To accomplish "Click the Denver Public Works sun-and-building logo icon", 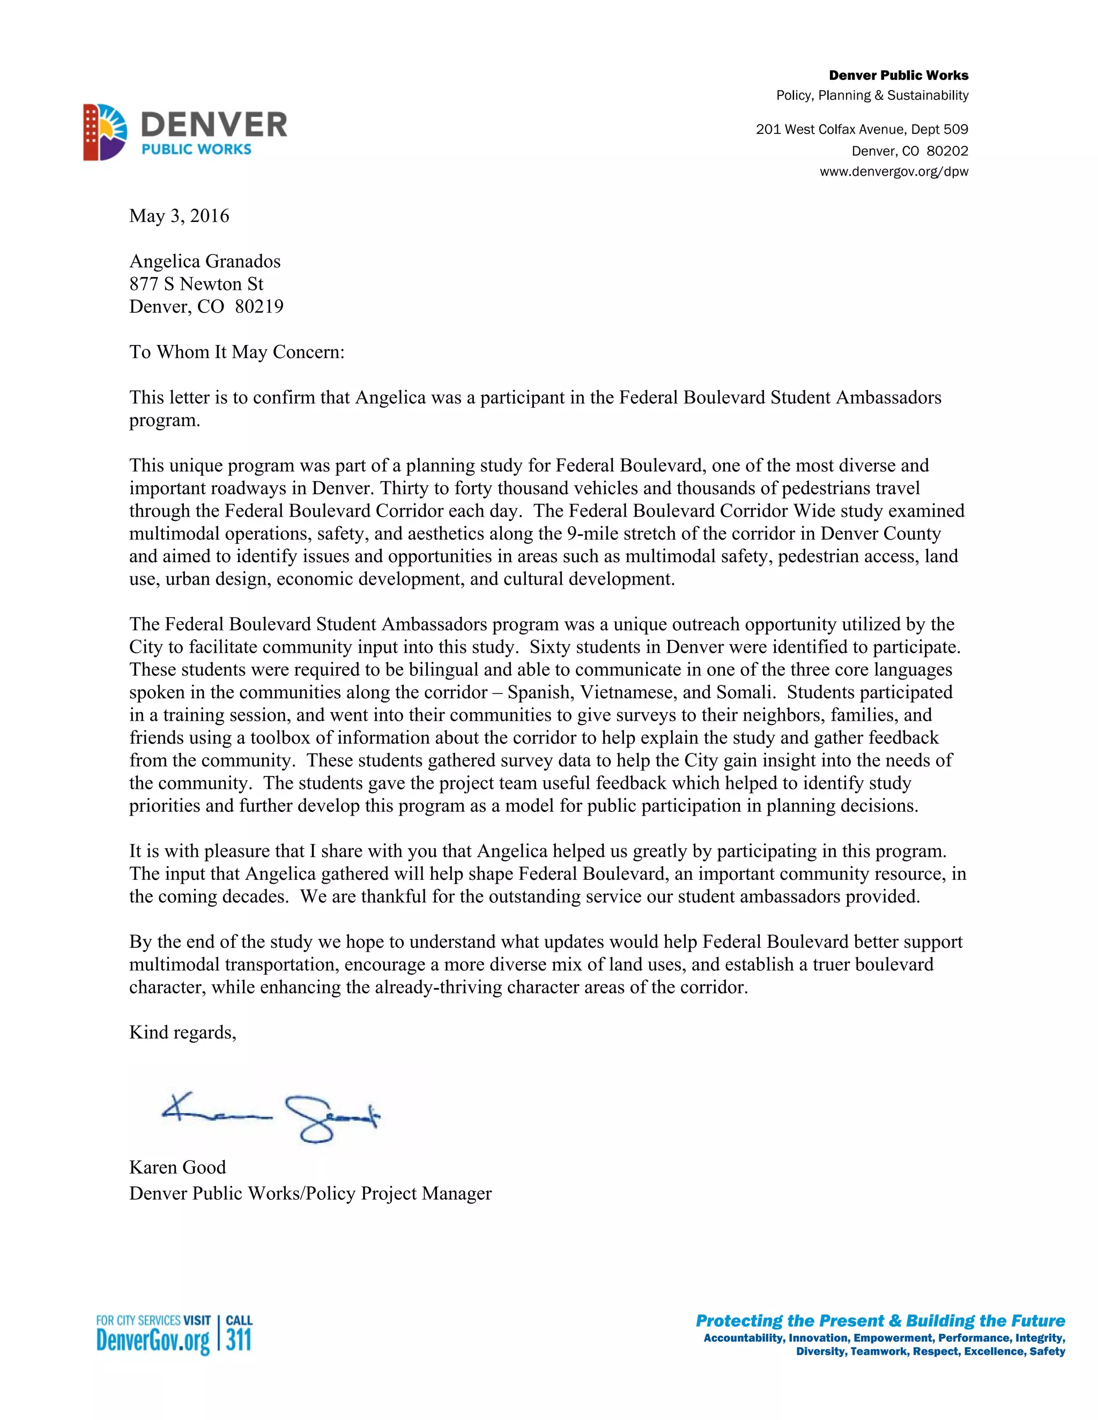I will pos(105,132).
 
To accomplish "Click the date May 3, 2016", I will pos(179,216).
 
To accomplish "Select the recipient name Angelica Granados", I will pos(205,261).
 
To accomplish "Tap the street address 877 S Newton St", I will pos(196,284).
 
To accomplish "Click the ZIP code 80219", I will pos(259,307).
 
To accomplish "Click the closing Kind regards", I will pos(182,1033).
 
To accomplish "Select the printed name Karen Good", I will pos(177,1167).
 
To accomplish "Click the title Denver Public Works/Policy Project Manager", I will pos(310,1194).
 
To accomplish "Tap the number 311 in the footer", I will pos(239,1340).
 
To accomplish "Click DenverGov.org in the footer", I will pos(153,1341).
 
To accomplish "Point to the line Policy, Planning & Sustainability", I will pos(872,95).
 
